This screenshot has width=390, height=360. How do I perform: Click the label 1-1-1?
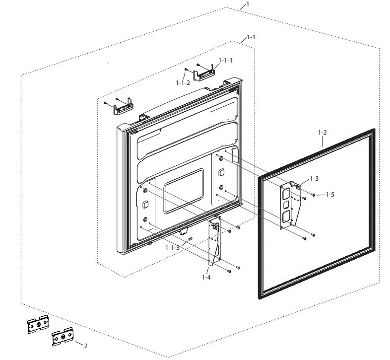(x=225, y=60)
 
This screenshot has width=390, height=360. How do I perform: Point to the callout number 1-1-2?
(x=183, y=82)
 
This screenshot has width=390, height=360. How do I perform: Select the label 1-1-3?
(x=173, y=247)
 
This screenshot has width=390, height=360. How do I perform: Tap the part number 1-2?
(x=322, y=133)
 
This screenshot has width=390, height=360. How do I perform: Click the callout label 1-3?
(x=314, y=178)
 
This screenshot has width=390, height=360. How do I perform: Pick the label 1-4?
(x=206, y=277)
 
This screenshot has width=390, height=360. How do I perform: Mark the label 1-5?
(x=329, y=195)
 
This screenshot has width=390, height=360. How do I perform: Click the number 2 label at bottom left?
(x=85, y=346)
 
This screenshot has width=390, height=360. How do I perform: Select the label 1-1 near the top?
(x=251, y=37)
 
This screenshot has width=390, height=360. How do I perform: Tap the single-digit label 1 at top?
(x=248, y=4)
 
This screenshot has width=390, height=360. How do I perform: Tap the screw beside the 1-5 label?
(x=314, y=195)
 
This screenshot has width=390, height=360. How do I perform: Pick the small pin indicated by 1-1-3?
(x=190, y=239)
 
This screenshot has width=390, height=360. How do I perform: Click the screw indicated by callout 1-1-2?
(x=186, y=70)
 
